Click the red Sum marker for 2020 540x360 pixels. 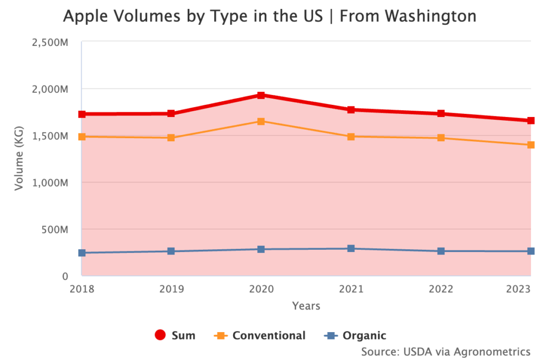click(x=261, y=95)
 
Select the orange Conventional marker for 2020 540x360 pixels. click(x=261, y=121)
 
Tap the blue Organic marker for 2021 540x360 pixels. click(x=351, y=248)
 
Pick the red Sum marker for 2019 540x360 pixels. click(x=171, y=113)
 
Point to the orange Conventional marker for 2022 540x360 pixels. click(x=441, y=138)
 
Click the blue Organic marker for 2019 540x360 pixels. click(x=171, y=251)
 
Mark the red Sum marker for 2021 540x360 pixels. click(x=351, y=110)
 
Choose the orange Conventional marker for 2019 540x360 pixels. click(x=171, y=138)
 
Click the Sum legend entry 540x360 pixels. click(x=175, y=335)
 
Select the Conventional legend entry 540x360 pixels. click(x=259, y=335)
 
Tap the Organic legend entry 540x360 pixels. click(x=355, y=335)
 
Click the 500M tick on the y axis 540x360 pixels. click(x=54, y=229)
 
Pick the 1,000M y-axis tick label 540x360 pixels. click(x=50, y=182)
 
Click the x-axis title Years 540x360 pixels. click(x=306, y=306)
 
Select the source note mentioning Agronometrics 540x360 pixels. click(x=446, y=351)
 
